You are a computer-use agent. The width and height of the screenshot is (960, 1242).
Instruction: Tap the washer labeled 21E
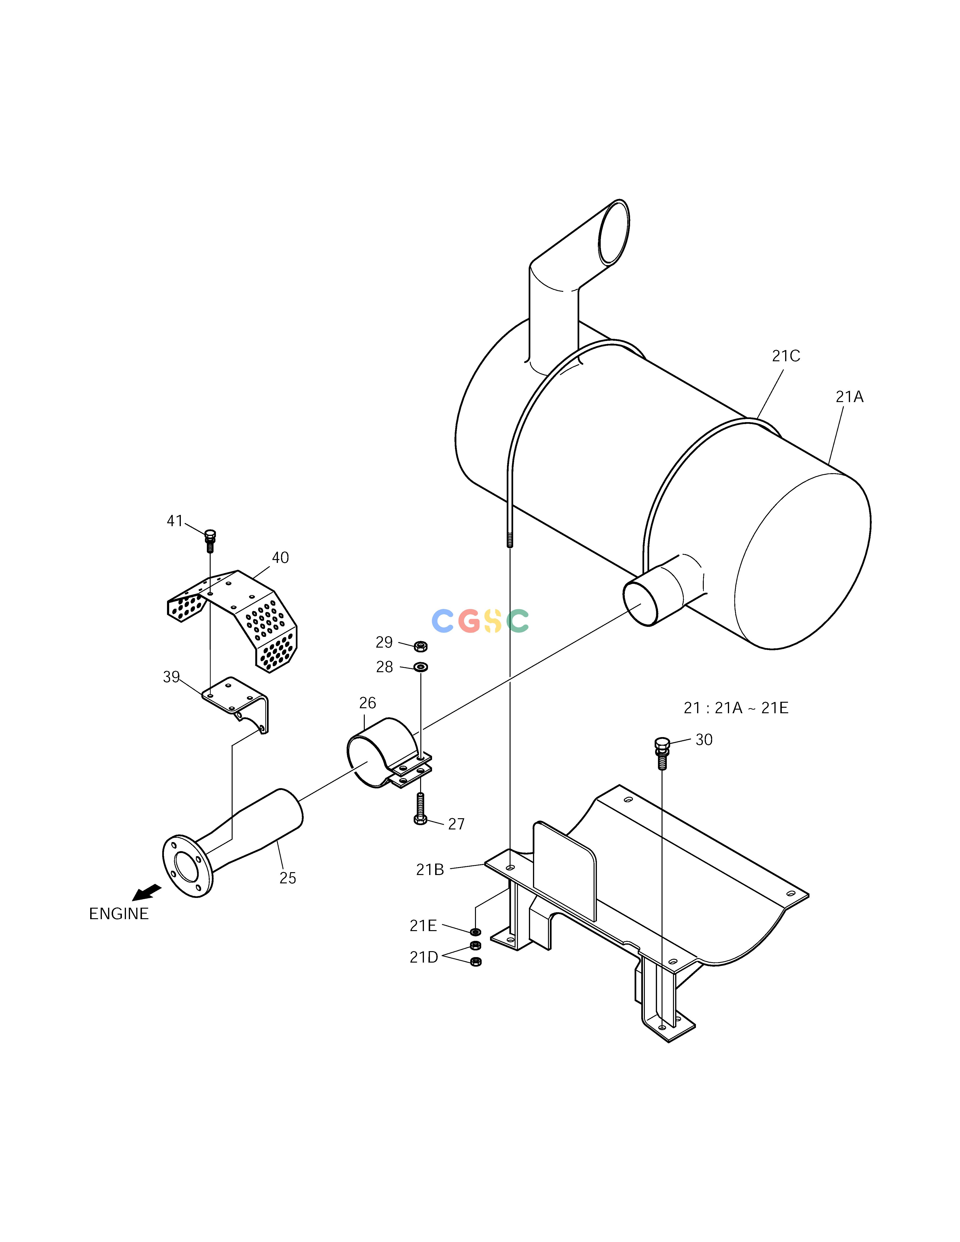(x=475, y=932)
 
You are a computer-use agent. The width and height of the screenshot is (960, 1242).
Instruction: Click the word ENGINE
(x=119, y=913)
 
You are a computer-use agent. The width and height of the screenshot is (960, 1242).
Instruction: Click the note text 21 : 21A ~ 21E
(x=736, y=708)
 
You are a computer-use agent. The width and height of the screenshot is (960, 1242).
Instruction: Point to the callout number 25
(x=288, y=878)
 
